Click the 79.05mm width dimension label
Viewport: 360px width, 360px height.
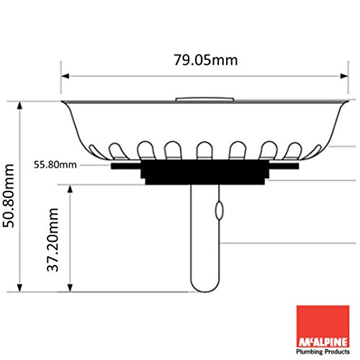pyautogui.click(x=206, y=60)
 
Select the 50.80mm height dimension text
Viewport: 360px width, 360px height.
pyautogui.click(x=9, y=196)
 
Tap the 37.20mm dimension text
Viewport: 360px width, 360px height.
pyautogui.click(x=53, y=240)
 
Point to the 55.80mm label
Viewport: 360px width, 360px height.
pyautogui.click(x=55, y=165)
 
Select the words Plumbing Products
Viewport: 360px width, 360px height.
pyautogui.click(x=323, y=352)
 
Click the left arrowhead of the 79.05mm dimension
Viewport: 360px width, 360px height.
pyautogui.click(x=66, y=76)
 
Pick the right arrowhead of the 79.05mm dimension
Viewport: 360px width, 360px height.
pyautogui.click(x=344, y=76)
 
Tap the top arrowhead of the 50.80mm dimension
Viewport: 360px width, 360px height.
pyautogui.click(x=19, y=106)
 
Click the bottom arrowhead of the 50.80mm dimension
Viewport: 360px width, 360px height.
pyautogui.click(x=19, y=288)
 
